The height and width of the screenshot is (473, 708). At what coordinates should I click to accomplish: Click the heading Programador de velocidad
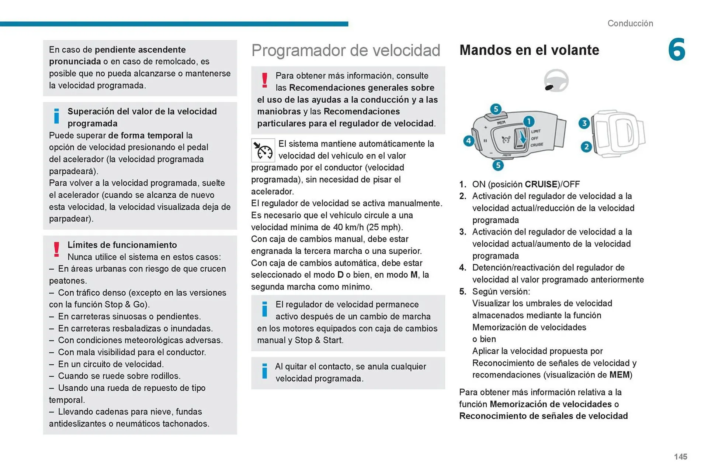(x=346, y=50)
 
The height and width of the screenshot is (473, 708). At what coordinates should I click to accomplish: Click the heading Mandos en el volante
(x=529, y=50)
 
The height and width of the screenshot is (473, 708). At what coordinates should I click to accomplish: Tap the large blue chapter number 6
(x=676, y=49)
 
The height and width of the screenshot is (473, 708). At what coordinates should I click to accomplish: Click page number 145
(x=680, y=457)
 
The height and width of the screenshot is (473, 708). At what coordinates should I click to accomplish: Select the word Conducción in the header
(x=630, y=23)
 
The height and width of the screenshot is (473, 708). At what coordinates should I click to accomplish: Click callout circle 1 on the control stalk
(x=529, y=121)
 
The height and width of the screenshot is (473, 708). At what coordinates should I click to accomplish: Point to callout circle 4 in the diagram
(x=469, y=141)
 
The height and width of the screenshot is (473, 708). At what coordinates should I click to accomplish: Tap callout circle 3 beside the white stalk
(x=584, y=123)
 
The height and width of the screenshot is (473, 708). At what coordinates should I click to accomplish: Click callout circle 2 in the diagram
(x=586, y=147)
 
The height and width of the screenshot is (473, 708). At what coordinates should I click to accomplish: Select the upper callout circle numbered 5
(x=496, y=109)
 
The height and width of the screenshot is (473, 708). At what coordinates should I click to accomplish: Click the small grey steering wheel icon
(x=556, y=80)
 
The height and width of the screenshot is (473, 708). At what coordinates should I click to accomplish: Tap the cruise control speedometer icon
(x=263, y=150)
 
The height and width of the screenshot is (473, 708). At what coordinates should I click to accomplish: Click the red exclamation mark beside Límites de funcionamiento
(x=56, y=250)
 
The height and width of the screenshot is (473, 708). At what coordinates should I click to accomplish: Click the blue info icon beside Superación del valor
(x=56, y=116)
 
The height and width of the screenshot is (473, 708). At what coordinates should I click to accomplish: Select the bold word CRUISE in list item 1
(x=541, y=184)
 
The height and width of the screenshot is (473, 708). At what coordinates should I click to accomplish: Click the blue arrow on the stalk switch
(x=522, y=138)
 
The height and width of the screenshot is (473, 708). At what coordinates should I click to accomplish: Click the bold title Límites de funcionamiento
(x=122, y=245)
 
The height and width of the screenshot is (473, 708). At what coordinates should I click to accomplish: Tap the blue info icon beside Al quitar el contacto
(x=264, y=371)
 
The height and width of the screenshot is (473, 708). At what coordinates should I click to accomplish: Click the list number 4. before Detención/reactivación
(x=463, y=268)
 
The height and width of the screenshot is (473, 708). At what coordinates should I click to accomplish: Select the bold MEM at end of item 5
(x=619, y=375)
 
